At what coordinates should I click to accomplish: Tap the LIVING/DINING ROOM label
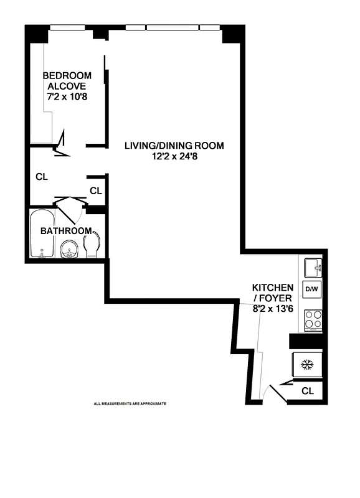coord(174,146)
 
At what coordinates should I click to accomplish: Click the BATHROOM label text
coord(66,231)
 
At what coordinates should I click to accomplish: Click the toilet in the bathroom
coord(92,245)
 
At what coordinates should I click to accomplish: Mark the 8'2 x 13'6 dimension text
coord(272,308)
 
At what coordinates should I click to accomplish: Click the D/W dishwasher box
coord(311,289)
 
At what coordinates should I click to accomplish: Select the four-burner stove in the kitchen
coord(313,319)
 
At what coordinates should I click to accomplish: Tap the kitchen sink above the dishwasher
coord(312,268)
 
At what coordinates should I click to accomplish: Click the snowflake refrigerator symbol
coord(307,364)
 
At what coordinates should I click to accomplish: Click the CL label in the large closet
coord(42,177)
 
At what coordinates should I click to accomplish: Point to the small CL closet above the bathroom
coord(95,190)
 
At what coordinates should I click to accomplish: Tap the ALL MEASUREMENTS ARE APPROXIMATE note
coord(130,404)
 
